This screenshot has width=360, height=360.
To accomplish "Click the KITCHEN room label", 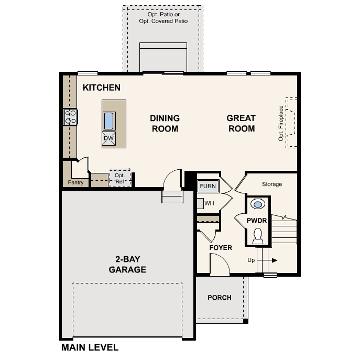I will click(102, 88).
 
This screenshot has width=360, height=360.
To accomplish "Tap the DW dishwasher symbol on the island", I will click(108, 138).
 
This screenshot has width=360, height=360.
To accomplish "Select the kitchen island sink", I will click(108, 121).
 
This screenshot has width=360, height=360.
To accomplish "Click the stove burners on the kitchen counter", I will click(70, 117).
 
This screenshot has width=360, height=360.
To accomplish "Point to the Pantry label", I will click(76, 183).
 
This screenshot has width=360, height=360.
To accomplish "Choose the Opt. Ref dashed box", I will click(120, 178).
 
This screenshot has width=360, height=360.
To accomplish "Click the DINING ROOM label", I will click(165, 123).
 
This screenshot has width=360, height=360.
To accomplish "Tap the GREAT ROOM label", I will click(241, 123).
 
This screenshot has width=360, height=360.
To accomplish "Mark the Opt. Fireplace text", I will click(281, 123).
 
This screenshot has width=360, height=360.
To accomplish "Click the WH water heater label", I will click(209, 203).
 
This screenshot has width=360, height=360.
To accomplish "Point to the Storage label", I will click(272, 184).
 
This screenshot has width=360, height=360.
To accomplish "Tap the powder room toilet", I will click(258, 236).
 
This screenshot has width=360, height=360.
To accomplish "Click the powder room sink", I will click(258, 204).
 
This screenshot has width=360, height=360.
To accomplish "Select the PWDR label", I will click(257, 221).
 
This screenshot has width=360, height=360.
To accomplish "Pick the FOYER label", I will click(221, 247).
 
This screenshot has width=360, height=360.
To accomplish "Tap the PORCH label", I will click(220, 298).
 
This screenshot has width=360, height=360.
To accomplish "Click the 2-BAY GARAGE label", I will click(127, 265).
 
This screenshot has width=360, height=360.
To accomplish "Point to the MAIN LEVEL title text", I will click(90, 347).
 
